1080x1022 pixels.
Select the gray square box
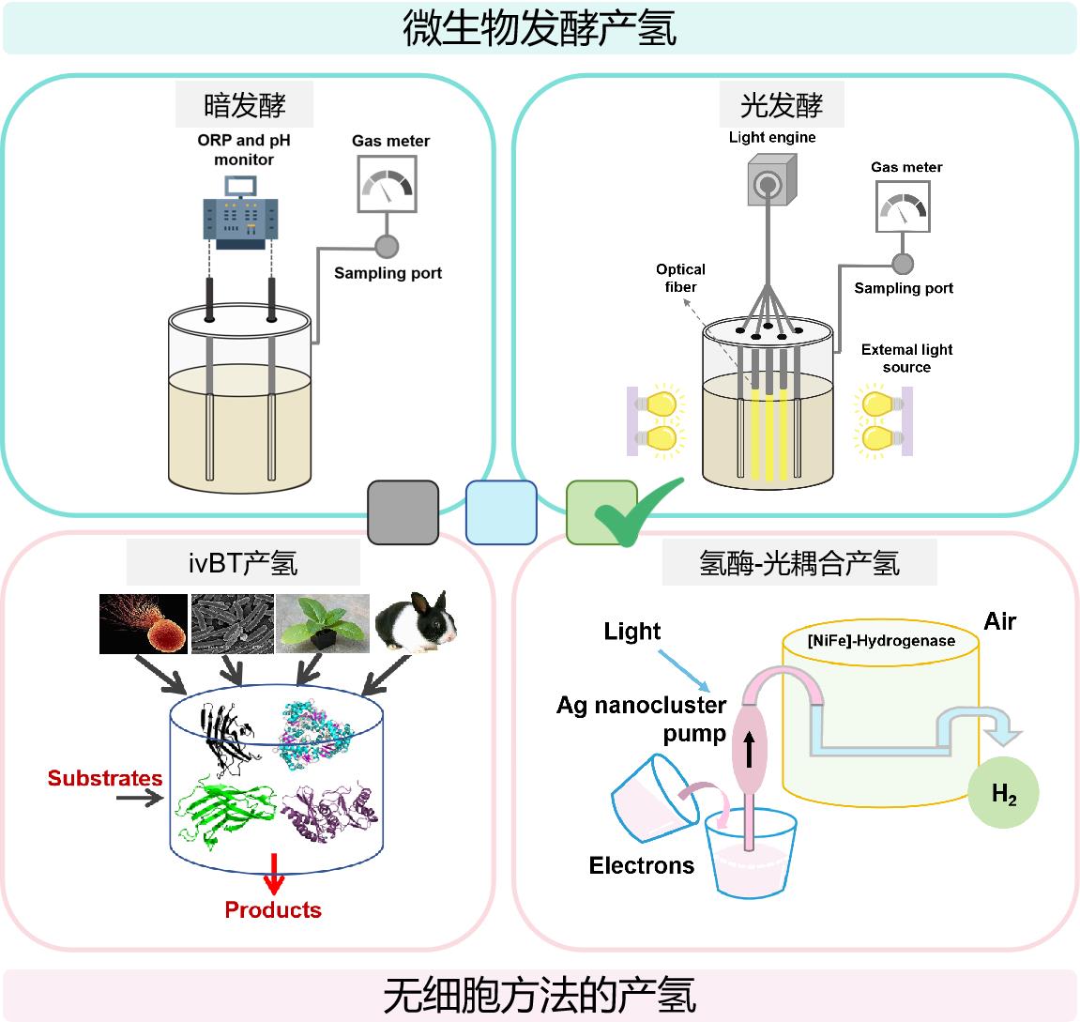[403, 512]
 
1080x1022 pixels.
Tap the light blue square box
[502, 512]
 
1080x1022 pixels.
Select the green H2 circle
[1004, 795]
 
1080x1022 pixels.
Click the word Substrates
[105, 778]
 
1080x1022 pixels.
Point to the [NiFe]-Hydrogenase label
[881, 641]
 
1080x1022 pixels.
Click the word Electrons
[642, 865]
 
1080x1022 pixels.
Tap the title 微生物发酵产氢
[540, 28]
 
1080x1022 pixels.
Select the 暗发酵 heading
[244, 105]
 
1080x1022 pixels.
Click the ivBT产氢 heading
[243, 563]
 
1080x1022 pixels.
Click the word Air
[999, 621]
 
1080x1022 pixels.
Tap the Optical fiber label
[680, 278]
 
